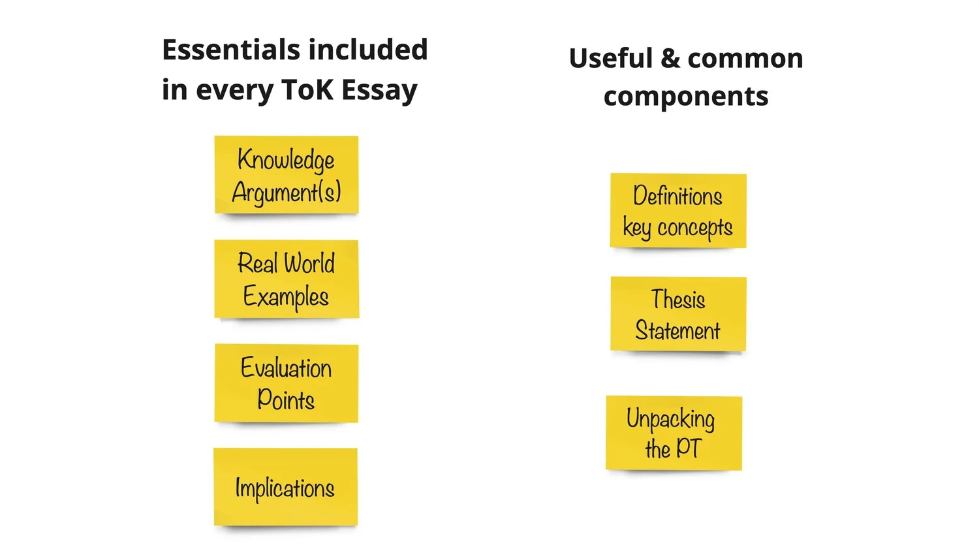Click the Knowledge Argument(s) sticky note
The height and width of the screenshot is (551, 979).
pyautogui.click(x=286, y=174)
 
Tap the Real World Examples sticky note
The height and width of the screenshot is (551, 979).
pyautogui.click(x=286, y=279)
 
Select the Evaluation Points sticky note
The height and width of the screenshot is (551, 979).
pyautogui.click(x=286, y=383)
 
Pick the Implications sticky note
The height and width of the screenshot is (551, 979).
pyautogui.click(x=285, y=487)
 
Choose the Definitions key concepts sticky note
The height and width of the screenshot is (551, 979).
pyautogui.click(x=678, y=210)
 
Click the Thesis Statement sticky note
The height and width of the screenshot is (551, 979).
pyautogui.click(x=678, y=314)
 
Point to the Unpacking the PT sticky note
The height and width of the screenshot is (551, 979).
pyautogui.click(x=674, y=433)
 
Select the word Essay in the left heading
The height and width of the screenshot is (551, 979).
pyautogui.click(x=379, y=90)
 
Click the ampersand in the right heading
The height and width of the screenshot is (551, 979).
pyautogui.click(x=670, y=59)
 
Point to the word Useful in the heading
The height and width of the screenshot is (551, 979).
pyautogui.click(x=610, y=59)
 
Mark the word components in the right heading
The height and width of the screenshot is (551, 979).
pyautogui.click(x=686, y=97)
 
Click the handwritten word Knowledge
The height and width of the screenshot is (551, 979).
pyautogui.click(x=286, y=160)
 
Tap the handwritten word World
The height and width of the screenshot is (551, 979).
pyautogui.click(x=310, y=264)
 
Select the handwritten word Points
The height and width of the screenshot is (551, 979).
pyautogui.click(x=286, y=400)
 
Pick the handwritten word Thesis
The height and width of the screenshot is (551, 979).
pyautogui.click(x=678, y=300)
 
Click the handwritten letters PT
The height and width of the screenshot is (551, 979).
pyautogui.click(x=689, y=449)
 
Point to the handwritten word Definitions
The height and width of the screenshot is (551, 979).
pyautogui.click(x=678, y=196)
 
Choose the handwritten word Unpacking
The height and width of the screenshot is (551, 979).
pyautogui.click(x=671, y=418)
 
